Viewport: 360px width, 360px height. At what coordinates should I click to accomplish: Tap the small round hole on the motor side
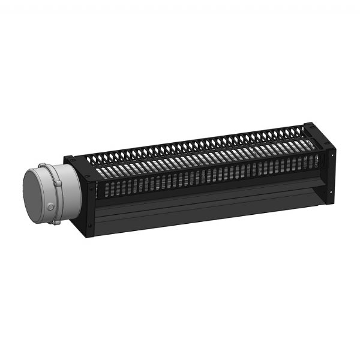51,207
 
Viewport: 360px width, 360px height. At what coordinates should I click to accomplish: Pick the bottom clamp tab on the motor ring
55,223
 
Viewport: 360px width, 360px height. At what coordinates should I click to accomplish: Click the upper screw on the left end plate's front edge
91,187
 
